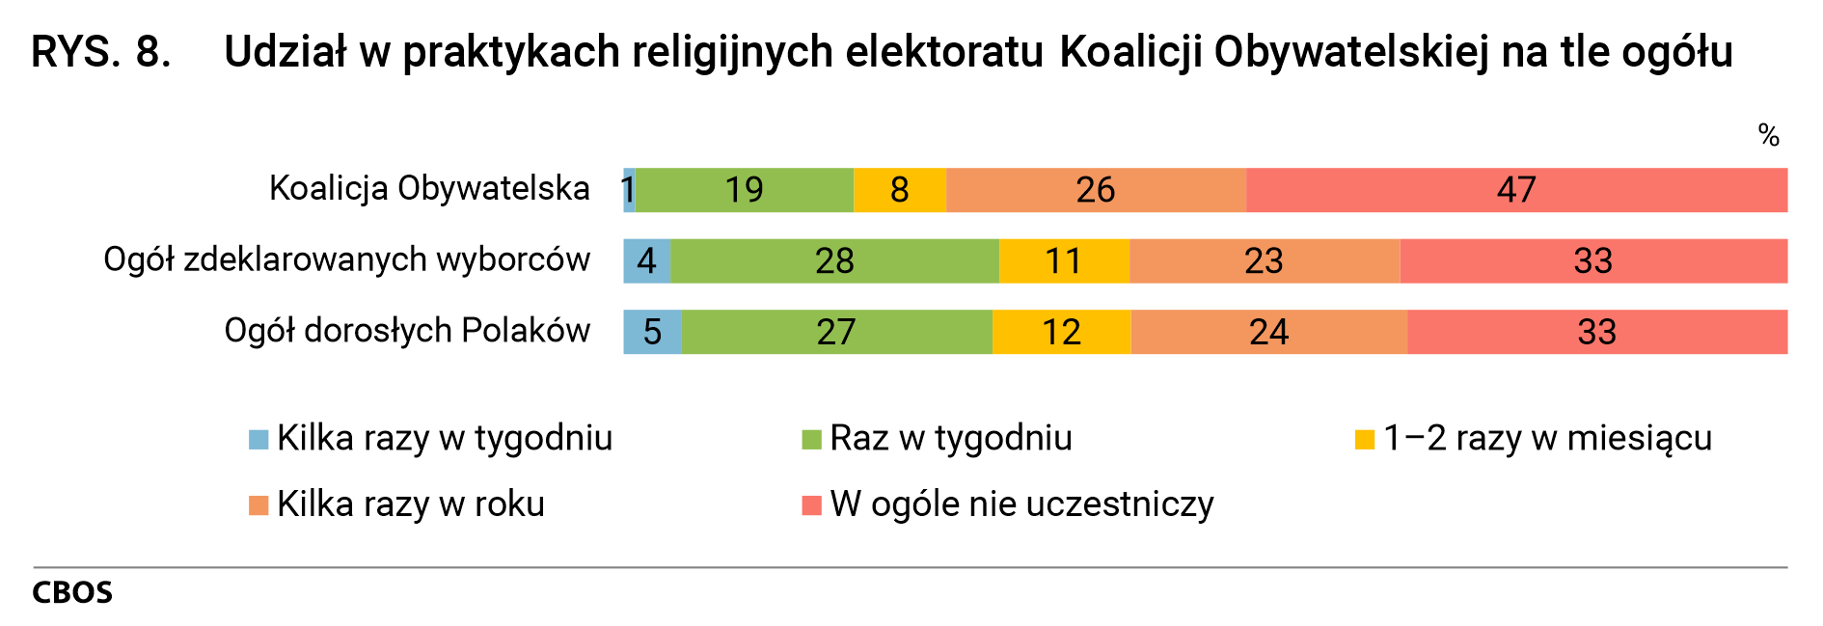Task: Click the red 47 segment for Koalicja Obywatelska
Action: [x=1516, y=190]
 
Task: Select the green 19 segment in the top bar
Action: [x=744, y=190]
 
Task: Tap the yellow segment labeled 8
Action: [x=899, y=190]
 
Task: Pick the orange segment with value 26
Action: [x=1096, y=190]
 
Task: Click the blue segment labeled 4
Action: [x=646, y=260]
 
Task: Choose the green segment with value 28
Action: [x=834, y=260]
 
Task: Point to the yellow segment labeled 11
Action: [x=1063, y=260]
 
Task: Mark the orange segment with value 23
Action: [x=1264, y=260]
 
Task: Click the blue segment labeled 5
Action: [x=652, y=332]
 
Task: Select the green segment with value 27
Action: [x=835, y=332]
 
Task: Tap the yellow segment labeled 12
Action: [x=1061, y=332]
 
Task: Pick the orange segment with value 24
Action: [x=1268, y=332]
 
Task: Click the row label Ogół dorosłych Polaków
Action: [x=407, y=331]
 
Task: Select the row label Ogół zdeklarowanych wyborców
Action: [x=346, y=259]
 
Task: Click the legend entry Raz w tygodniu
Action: [x=950, y=438]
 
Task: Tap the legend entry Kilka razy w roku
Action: [x=410, y=504]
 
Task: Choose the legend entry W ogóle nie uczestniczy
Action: [x=1020, y=504]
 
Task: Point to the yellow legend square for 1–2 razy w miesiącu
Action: [x=1364, y=440]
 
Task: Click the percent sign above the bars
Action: [x=1767, y=135]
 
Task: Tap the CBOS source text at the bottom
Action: [x=72, y=592]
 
